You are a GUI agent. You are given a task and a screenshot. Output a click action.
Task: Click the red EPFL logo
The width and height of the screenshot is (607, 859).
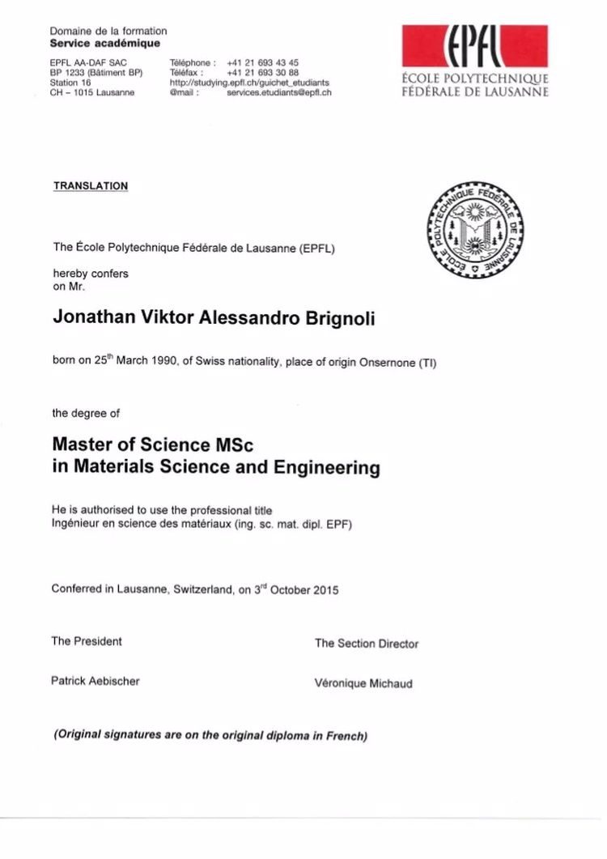[475, 47]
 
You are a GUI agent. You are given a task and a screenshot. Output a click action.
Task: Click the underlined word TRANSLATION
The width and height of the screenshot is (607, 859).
[91, 186]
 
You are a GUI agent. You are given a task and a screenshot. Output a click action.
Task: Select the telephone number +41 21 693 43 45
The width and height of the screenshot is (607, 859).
[263, 62]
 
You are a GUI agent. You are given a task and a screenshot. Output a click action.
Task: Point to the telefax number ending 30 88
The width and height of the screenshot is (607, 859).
[263, 72]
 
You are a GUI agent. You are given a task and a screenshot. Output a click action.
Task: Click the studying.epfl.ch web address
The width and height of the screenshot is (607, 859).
[249, 83]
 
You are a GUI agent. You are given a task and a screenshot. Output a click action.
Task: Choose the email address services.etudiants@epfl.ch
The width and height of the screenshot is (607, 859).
[279, 92]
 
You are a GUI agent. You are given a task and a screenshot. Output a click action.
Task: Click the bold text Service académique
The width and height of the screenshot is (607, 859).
[105, 43]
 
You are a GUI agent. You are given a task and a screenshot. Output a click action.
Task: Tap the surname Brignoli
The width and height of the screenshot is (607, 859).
[331, 318]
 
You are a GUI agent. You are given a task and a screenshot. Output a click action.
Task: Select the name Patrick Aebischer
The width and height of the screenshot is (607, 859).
[96, 681]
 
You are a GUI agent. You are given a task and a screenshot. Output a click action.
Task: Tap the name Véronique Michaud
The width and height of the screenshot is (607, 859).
[363, 683]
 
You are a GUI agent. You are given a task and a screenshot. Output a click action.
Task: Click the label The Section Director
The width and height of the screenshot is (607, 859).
[367, 644]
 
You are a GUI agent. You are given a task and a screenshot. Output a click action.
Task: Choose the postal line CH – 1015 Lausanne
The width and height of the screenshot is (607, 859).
[92, 92]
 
